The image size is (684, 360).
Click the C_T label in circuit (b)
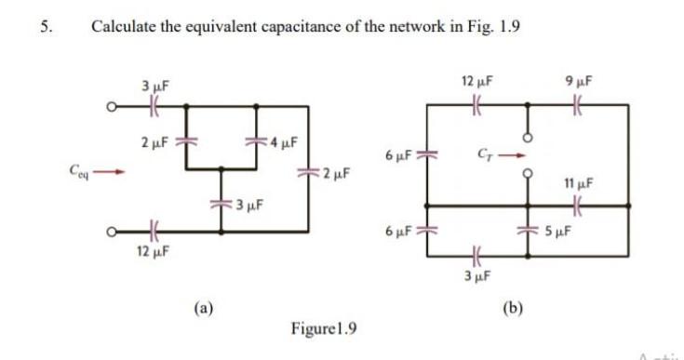(x=484, y=153)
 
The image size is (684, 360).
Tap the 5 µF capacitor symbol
(x=530, y=229)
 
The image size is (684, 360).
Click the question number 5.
(x=45, y=26)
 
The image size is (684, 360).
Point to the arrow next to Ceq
(x=110, y=171)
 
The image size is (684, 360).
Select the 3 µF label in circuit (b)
(x=477, y=274)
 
